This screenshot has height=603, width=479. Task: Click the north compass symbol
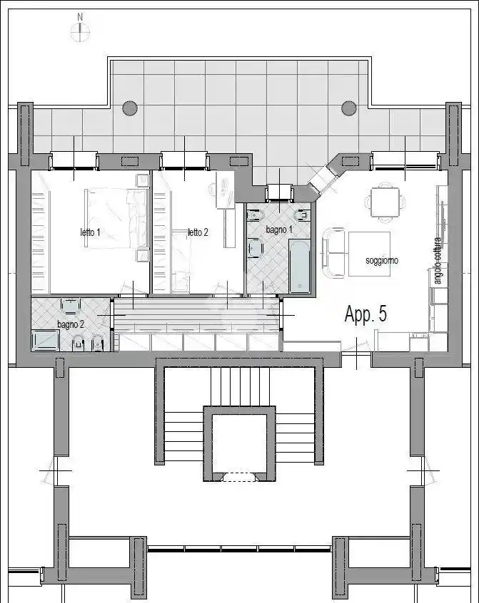coord(80,31)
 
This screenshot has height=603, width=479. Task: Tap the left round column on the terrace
coord(129,108)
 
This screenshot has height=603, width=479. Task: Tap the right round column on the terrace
coord(348,108)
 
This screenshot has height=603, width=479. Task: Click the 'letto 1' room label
coord(90,232)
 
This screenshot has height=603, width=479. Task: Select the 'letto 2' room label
coord(198,232)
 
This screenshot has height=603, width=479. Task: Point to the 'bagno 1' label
coord(278,230)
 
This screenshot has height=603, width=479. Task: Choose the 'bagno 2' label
coord(70,324)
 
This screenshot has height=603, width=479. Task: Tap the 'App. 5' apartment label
coord(365,315)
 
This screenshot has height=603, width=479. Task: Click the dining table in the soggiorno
coord(385,200)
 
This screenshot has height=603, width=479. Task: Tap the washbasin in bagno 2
coord(71,306)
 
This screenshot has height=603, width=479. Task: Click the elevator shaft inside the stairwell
coord(239,442)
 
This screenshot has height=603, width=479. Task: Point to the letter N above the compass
coord(80,16)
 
